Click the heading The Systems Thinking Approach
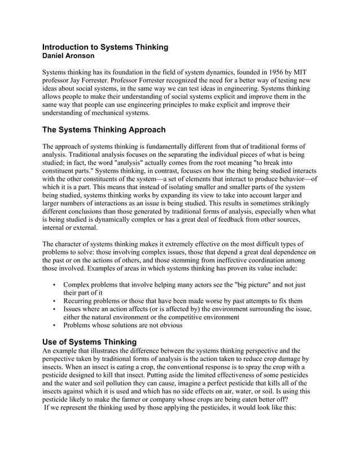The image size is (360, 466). point(104,129)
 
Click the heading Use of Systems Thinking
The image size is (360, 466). point(90,342)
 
